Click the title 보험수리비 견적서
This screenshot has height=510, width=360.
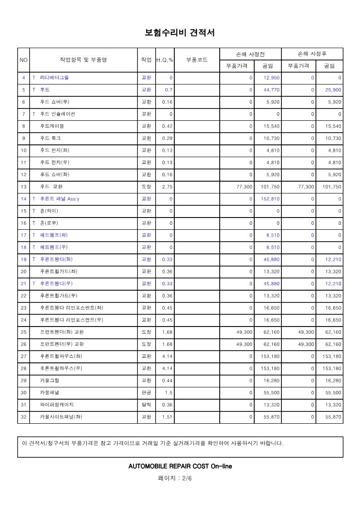tap(179, 33)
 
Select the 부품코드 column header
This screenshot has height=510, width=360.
tap(197, 60)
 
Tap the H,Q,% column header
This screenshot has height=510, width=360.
tap(164, 60)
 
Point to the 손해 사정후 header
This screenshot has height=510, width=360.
tap(312, 54)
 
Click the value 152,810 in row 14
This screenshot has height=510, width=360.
tap(270, 199)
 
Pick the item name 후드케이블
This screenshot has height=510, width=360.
tap(52, 126)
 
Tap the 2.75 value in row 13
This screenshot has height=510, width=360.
tap(167, 187)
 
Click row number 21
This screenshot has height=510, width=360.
tap(24, 284)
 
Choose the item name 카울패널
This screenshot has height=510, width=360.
tap(49, 393)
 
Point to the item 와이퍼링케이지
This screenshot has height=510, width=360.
tap(57, 405)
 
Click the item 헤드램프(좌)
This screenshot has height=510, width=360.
tap(54, 235)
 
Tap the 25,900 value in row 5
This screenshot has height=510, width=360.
tap(333, 90)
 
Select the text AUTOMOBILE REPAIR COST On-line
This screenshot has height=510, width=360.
tap(180, 466)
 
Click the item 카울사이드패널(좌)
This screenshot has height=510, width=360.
tap(61, 417)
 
